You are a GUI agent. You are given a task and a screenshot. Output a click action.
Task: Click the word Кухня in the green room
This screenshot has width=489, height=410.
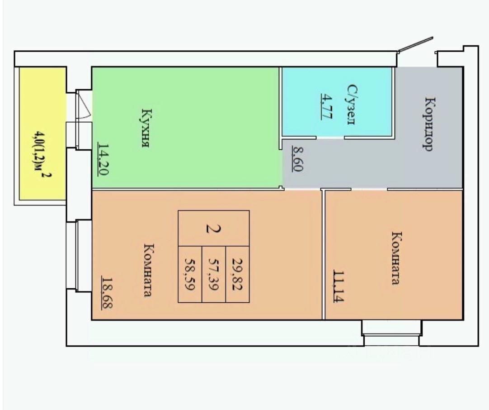pos(145,128)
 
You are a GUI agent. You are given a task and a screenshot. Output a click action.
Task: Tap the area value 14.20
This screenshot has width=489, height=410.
pos(103,159)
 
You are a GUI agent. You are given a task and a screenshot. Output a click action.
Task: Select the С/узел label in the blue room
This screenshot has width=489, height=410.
pos(352,105)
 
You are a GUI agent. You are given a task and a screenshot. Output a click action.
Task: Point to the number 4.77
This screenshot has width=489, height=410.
pos(325,105)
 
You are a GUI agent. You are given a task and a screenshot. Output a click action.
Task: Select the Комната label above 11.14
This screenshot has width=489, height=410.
pos(396,258)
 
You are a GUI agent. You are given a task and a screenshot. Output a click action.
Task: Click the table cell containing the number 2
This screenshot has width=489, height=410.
pos(213,228)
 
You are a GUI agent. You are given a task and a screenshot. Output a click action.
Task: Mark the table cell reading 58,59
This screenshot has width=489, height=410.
pos(190,274)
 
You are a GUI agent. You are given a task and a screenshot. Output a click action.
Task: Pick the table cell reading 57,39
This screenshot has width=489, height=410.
pos(213,274)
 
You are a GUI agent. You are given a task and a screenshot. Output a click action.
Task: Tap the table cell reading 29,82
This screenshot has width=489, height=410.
pos(237,274)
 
